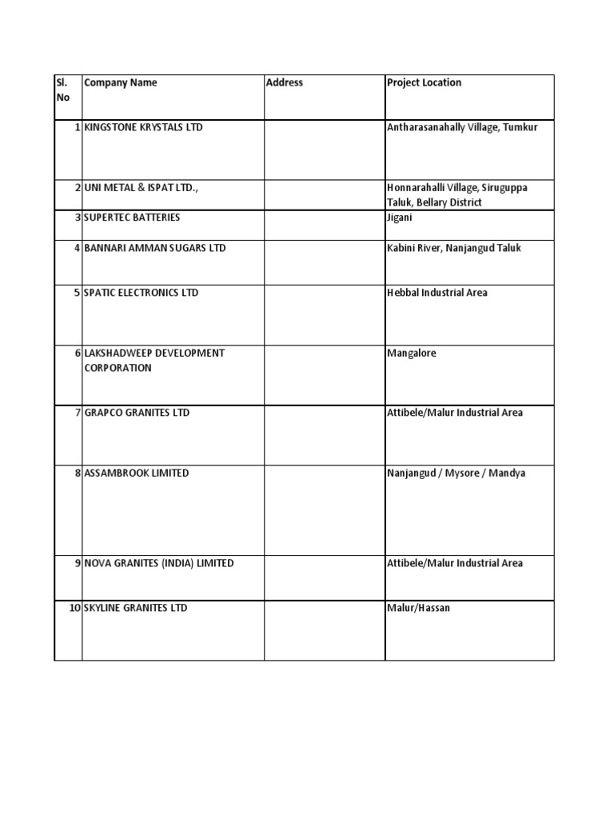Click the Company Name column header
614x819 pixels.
pyautogui.click(x=121, y=83)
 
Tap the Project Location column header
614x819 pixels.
pyautogui.click(x=424, y=83)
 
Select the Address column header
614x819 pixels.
pyautogui.click(x=285, y=83)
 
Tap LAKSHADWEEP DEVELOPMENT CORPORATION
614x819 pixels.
pyautogui.click(x=154, y=361)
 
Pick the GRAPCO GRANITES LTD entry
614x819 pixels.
pyautogui.click(x=137, y=413)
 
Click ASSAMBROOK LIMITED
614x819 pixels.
pyautogui.click(x=137, y=473)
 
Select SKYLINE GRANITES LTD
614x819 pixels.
pyautogui.click(x=136, y=609)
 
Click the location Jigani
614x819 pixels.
pyautogui.click(x=400, y=218)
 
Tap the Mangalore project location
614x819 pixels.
pyautogui.click(x=412, y=354)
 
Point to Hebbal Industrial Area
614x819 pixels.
pyautogui.click(x=437, y=294)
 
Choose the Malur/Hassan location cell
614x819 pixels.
pyautogui.click(x=418, y=609)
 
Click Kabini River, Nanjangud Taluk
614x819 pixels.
pyautogui.click(x=453, y=249)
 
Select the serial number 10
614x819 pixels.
pyautogui.click(x=74, y=609)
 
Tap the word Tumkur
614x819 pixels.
pyautogui.click(x=520, y=128)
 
